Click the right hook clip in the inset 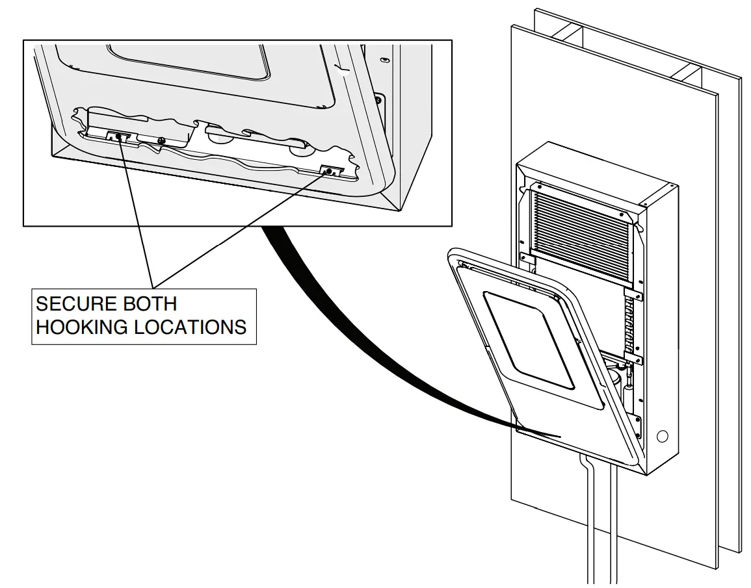330,172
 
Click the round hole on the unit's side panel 663,436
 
